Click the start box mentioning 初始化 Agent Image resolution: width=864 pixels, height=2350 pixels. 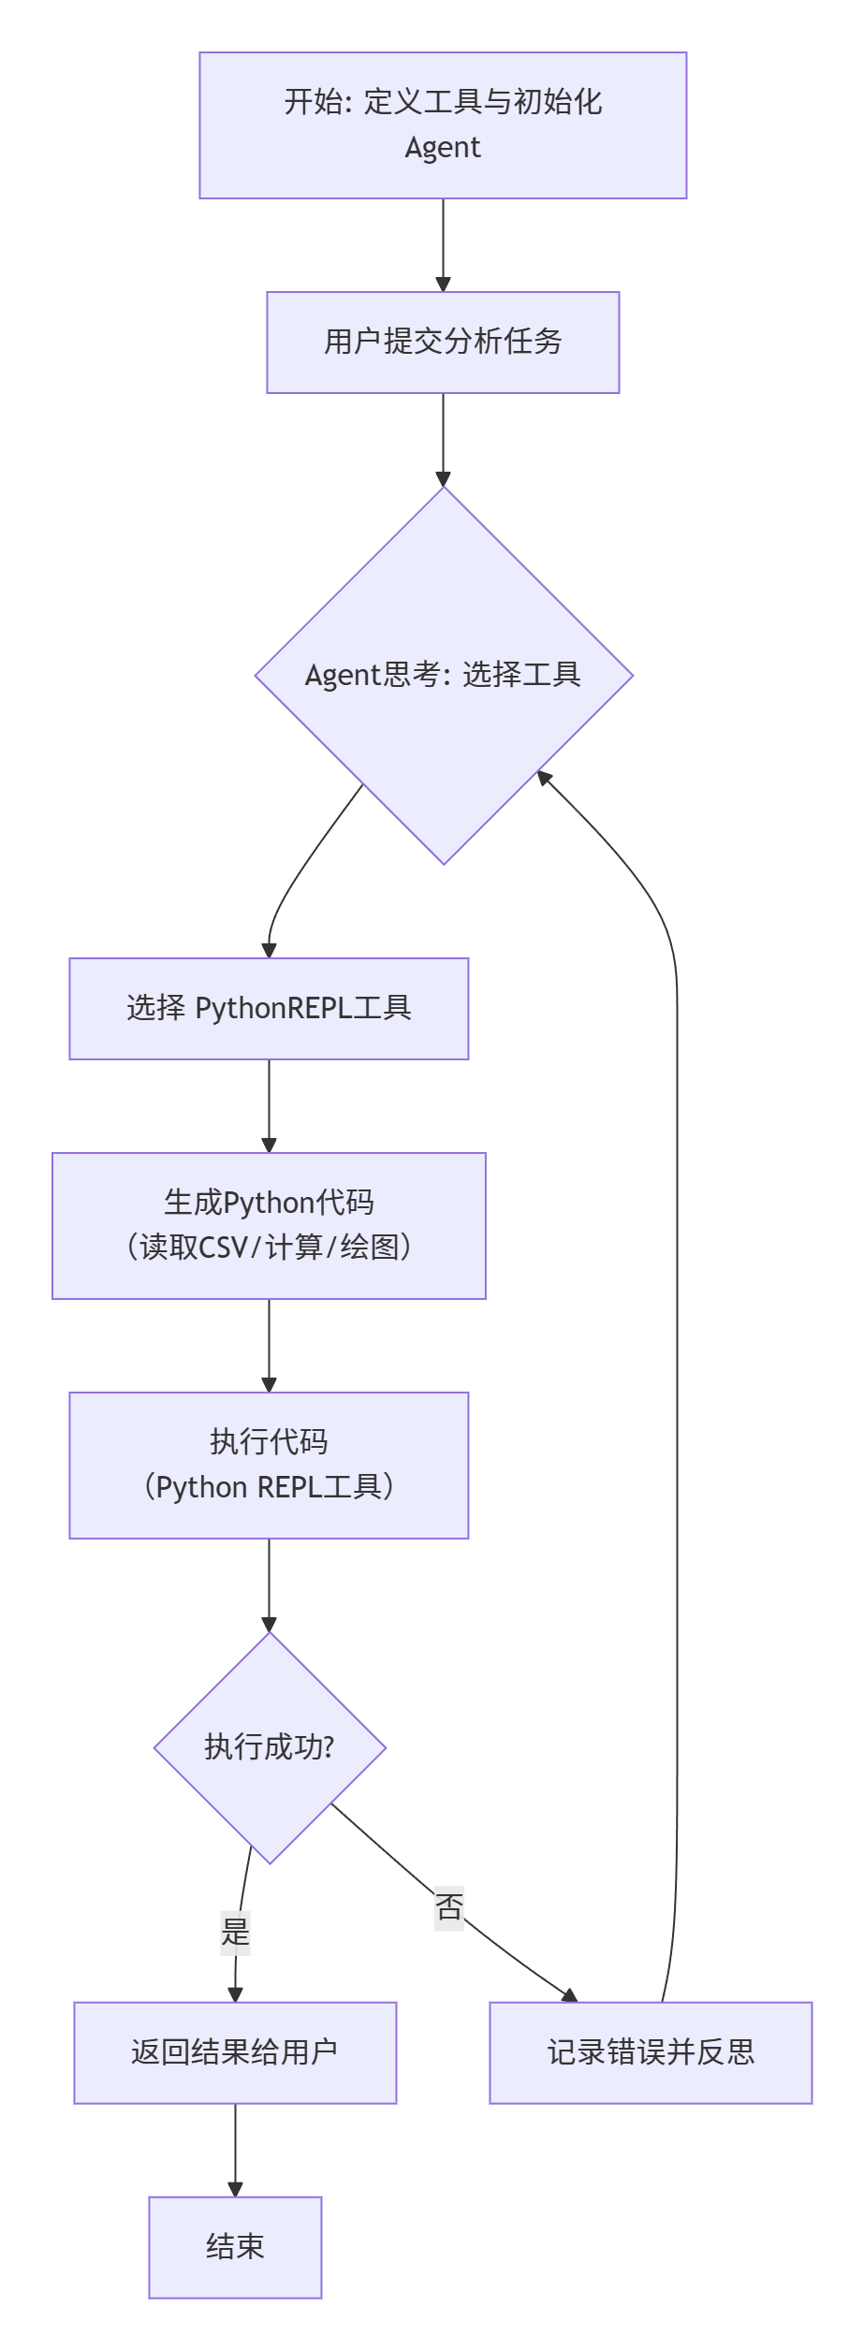(443, 125)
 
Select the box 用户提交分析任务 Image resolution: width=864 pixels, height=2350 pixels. (443, 343)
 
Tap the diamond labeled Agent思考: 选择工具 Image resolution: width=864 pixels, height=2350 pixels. (443, 675)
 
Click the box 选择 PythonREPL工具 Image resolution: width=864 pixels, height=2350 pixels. (269, 1009)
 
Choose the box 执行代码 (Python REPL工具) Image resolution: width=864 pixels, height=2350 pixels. (269, 1466)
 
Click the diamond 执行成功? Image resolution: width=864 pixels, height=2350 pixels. (270, 1747)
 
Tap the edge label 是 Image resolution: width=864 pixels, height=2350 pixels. (235, 1932)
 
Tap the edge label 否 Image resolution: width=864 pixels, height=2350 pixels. (449, 1906)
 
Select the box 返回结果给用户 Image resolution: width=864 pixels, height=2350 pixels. (235, 2052)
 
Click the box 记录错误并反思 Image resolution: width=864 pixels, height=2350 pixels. (651, 2052)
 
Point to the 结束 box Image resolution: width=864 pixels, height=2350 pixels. (235, 2247)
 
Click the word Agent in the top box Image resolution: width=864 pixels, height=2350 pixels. (443, 148)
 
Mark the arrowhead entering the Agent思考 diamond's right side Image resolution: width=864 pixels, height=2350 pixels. (544, 777)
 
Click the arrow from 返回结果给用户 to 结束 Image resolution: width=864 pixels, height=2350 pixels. (235, 2150)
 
